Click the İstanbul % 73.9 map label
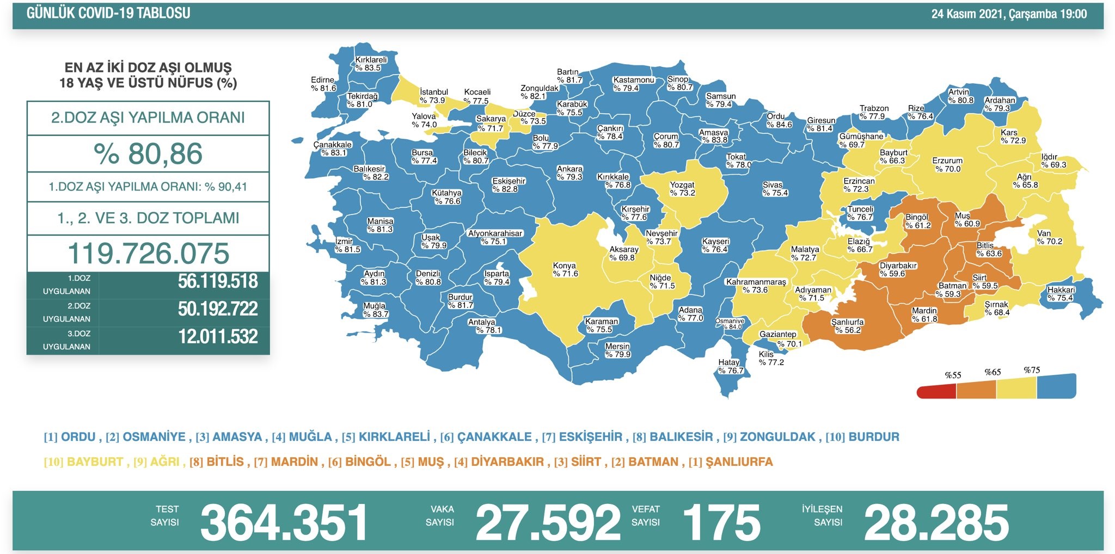pyautogui.click(x=433, y=96)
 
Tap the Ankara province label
pyautogui.click(x=569, y=173)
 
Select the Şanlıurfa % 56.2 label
pyautogui.click(x=847, y=326)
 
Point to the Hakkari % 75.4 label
pyautogui.click(x=1061, y=294)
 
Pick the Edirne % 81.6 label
pyautogui.click(x=323, y=84)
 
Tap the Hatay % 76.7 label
pyautogui.click(x=730, y=366)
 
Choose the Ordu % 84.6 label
pyautogui.click(x=779, y=120)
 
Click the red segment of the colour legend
pyautogui.click(x=936, y=391)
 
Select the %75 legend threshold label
pyautogui.click(x=1031, y=370)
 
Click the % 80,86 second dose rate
pyautogui.click(x=148, y=154)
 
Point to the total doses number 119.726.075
pyautogui.click(x=148, y=254)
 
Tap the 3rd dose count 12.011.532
pyautogui.click(x=218, y=337)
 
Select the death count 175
pyautogui.click(x=721, y=522)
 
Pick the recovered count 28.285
pyautogui.click(x=936, y=522)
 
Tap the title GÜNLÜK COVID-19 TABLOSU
pyautogui.click(x=108, y=13)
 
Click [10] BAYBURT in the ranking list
pyautogui.click(x=84, y=462)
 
